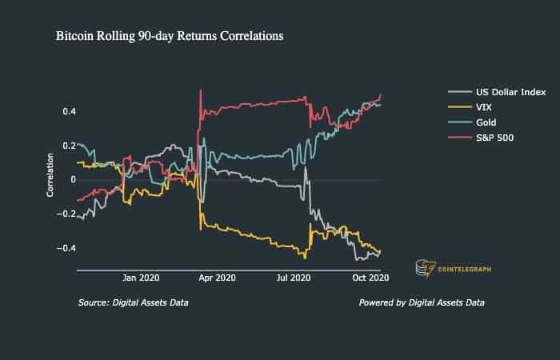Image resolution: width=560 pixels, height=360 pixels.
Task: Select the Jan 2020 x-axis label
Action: pos(141,278)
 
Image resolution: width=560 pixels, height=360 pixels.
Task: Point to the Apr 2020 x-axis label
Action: pos(217,278)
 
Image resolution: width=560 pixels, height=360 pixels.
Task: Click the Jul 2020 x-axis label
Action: pos(293,278)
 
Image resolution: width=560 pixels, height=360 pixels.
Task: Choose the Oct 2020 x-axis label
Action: pos(370,278)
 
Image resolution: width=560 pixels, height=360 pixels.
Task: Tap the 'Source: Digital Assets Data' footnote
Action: pos(134,303)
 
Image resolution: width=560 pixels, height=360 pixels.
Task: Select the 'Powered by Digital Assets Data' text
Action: pos(422,303)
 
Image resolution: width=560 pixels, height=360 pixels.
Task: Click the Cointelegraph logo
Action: pos(452,269)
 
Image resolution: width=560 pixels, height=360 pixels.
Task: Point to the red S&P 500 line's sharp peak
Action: pos(201,90)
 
